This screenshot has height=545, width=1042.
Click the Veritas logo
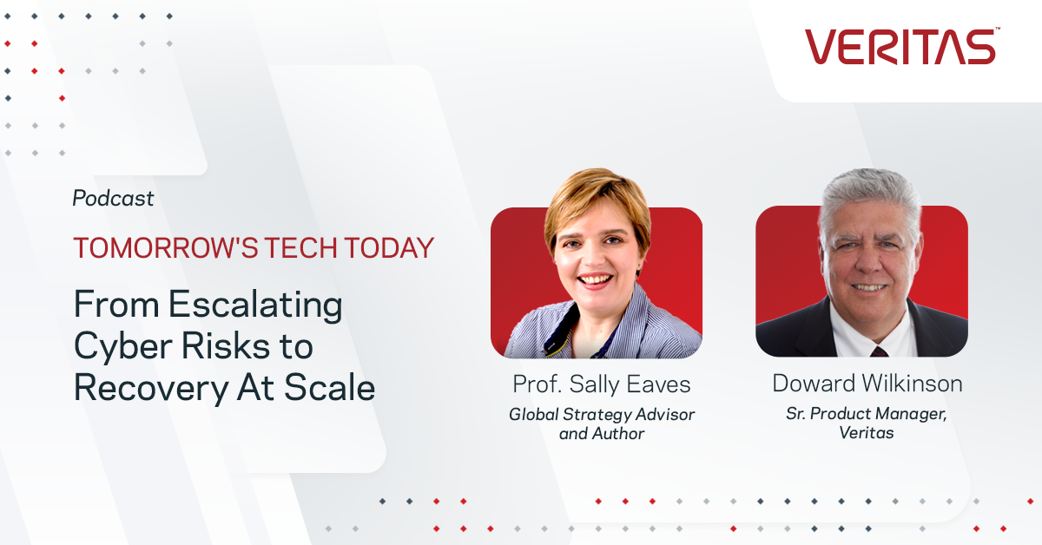pyautogui.click(x=902, y=46)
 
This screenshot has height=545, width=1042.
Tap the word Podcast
pyautogui.click(x=113, y=198)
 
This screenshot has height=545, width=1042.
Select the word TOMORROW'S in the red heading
pyautogui.click(x=166, y=247)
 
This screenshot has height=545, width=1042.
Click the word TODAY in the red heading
pyautogui.click(x=389, y=247)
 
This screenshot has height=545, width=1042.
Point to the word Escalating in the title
pyautogui.click(x=255, y=305)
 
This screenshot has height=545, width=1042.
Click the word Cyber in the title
pyautogui.click(x=123, y=347)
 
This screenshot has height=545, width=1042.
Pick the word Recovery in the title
pyautogui.click(x=151, y=388)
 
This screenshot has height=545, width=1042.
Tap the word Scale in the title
pyautogui.click(x=329, y=387)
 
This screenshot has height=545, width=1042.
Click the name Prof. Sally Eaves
pyautogui.click(x=602, y=384)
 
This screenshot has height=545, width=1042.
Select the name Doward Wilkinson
pyautogui.click(x=867, y=384)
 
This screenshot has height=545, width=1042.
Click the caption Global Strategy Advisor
pyautogui.click(x=602, y=414)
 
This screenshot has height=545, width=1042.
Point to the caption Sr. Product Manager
pyautogui.click(x=867, y=413)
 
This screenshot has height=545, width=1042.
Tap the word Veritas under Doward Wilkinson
pyautogui.click(x=867, y=433)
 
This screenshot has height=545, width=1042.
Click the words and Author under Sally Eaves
pyautogui.click(x=602, y=434)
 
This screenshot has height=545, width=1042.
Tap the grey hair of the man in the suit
pyautogui.click(x=869, y=195)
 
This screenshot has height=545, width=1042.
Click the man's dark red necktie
pyautogui.click(x=879, y=351)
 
